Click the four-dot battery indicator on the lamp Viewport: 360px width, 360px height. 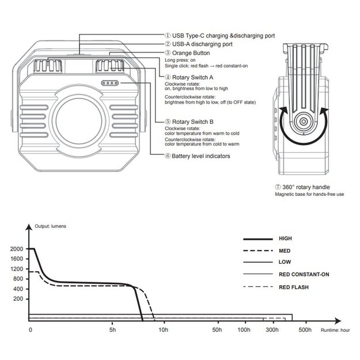tap(109, 83)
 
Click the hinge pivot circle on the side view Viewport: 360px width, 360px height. tap(302, 122)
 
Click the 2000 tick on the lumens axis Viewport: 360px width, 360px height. tap(18, 249)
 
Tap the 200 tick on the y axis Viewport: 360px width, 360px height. tap(19, 300)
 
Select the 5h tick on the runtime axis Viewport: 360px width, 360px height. tap(113, 330)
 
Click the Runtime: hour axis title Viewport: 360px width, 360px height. tap(336, 330)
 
